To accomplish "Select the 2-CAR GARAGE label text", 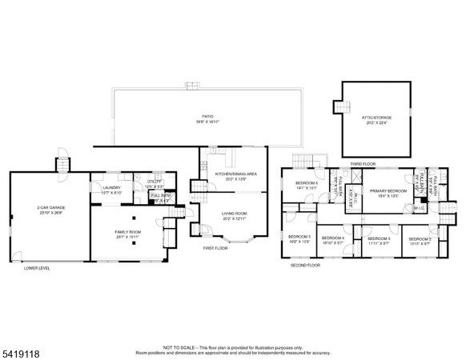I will (50, 208).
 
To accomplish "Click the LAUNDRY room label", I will (111, 188).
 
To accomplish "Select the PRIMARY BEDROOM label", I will (388, 190).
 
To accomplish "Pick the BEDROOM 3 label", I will (379, 238).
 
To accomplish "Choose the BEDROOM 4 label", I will (332, 238).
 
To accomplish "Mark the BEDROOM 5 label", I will (299, 237).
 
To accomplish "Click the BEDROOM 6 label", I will (307, 183).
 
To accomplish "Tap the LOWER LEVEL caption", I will (37, 268).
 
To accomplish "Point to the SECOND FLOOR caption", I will (305, 264).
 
